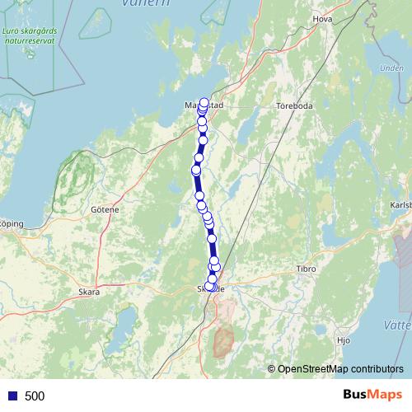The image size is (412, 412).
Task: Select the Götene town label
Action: pos(105,209)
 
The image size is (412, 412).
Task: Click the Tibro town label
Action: pos(306,269)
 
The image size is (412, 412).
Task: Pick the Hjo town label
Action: pos(344,339)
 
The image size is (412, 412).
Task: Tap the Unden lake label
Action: pos(385,68)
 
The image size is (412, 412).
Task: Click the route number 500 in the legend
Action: pos(35,396)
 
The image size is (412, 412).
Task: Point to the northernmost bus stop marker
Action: pos(204,103)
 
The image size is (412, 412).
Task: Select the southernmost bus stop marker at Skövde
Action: pos(211,287)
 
